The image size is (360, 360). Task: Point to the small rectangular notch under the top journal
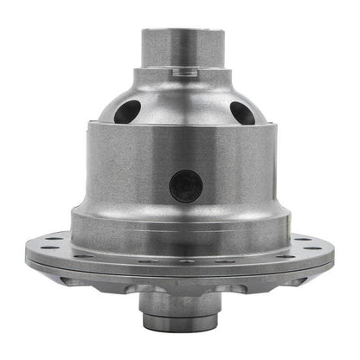pyautogui.click(x=180, y=75)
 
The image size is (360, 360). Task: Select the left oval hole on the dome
pyautogui.click(x=131, y=111)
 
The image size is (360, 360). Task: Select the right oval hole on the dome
pyautogui.click(x=242, y=112)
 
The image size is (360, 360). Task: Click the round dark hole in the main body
pyautogui.click(x=185, y=185)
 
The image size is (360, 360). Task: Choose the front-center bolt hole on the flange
pyautogui.click(x=183, y=260)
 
